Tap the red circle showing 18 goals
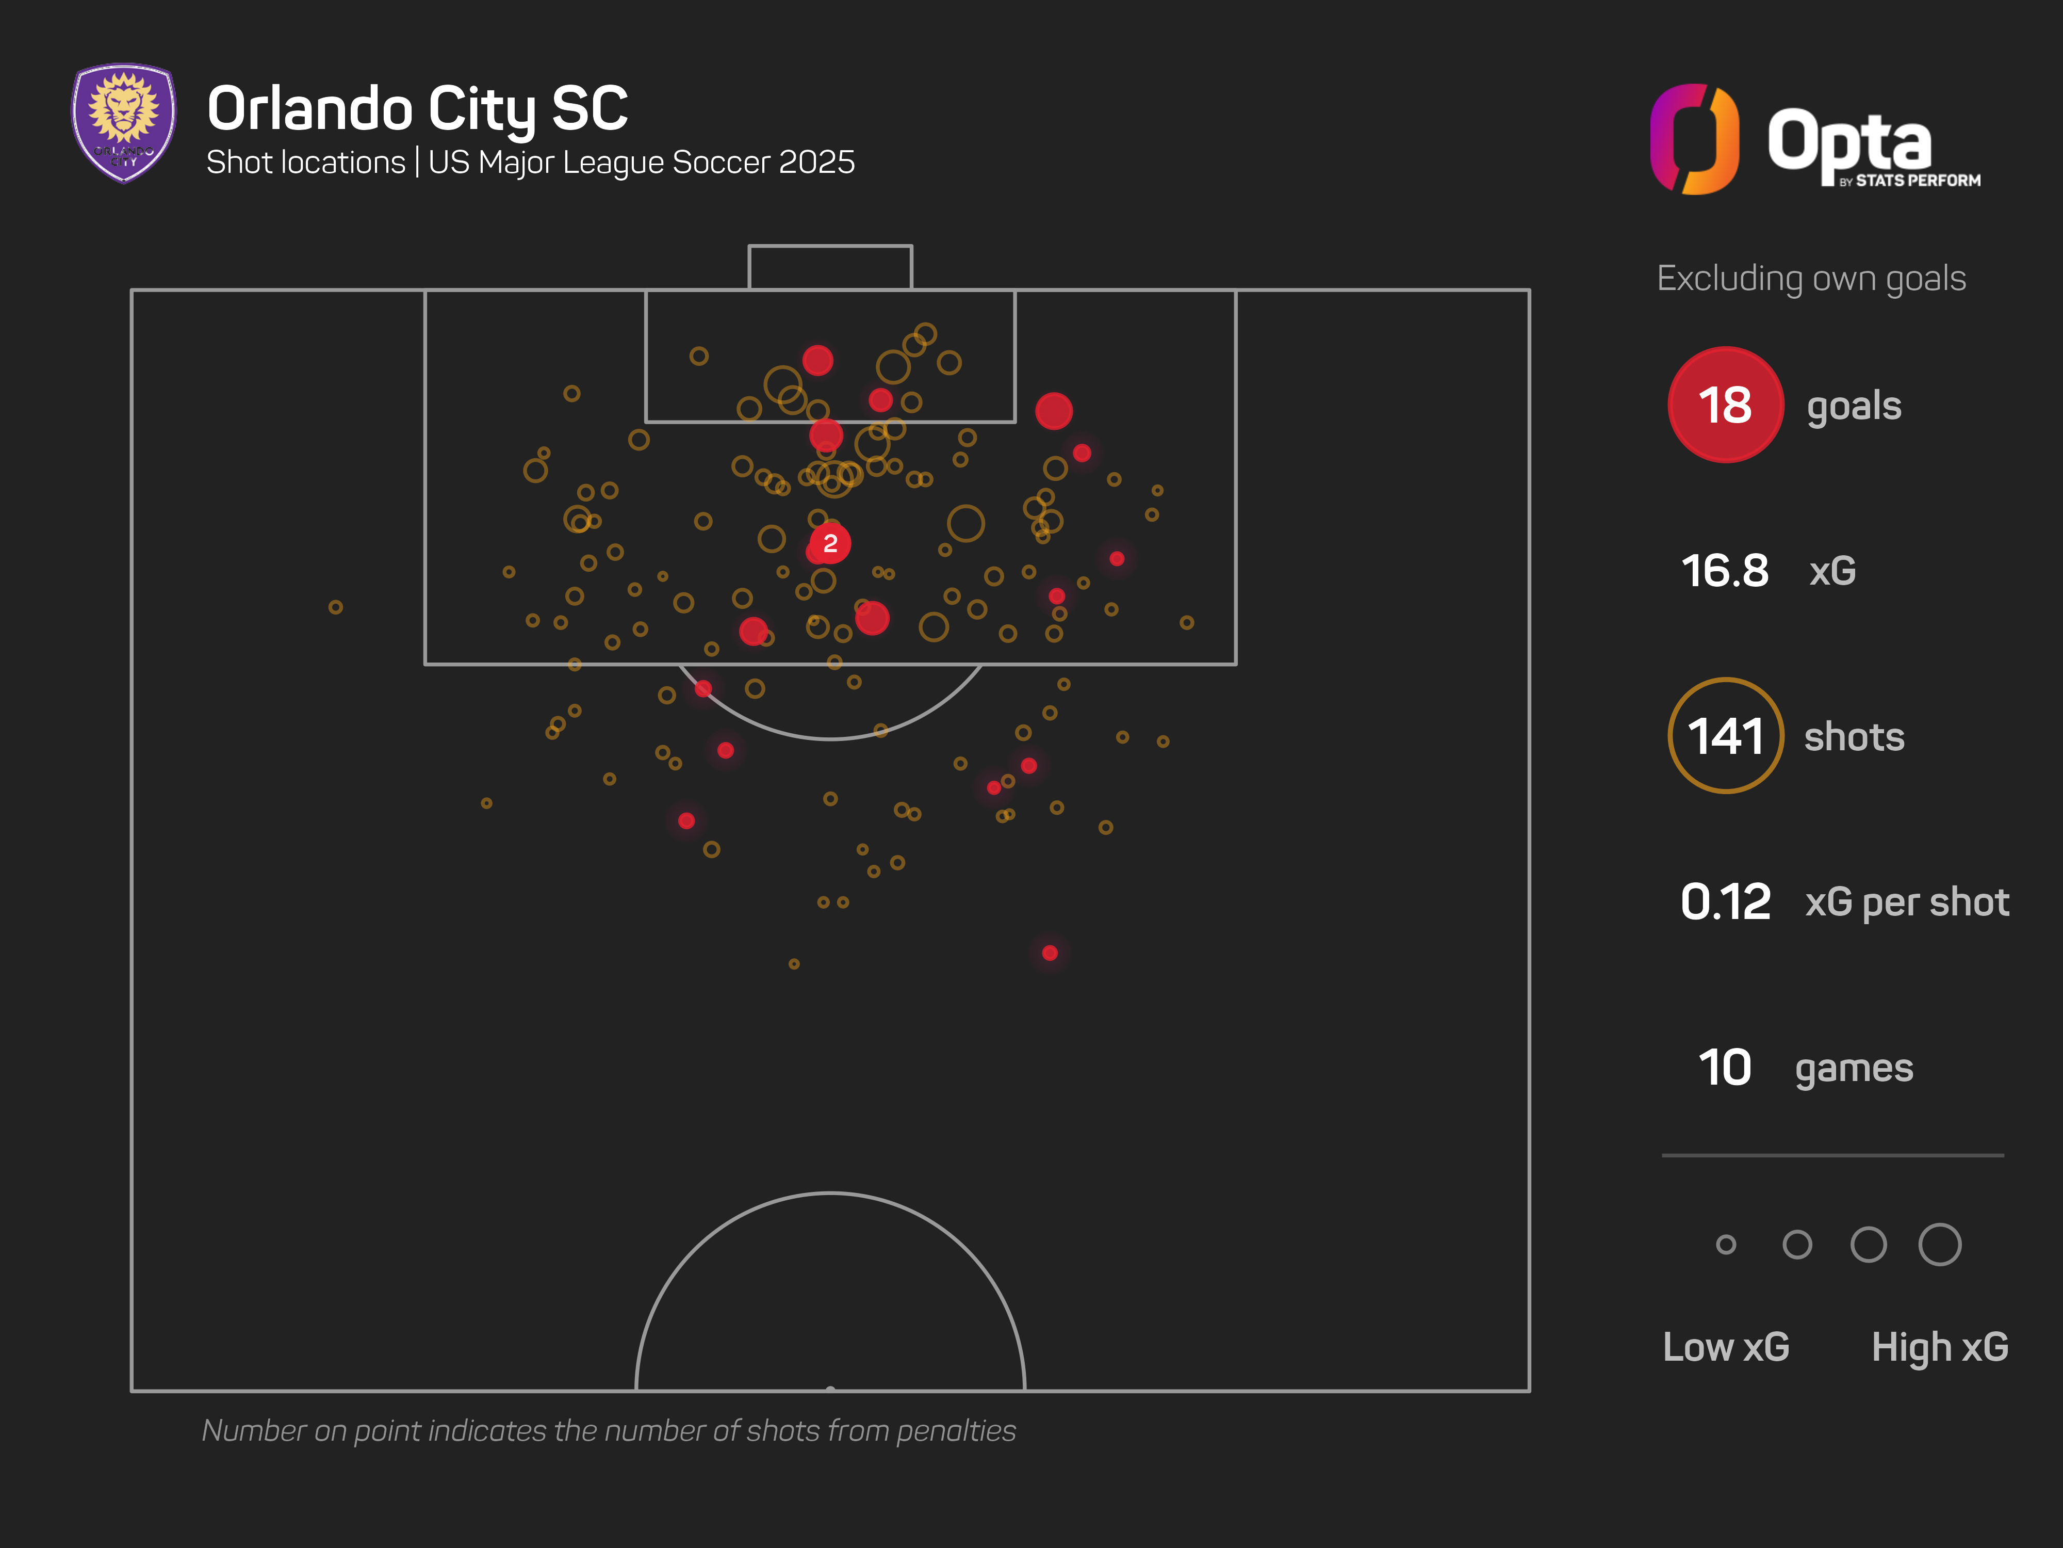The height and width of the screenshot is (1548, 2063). click(x=1725, y=405)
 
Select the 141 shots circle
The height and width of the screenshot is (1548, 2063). click(x=1725, y=735)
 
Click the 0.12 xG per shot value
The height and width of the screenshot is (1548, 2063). click(x=1725, y=901)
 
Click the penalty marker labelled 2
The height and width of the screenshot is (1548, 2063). click(x=829, y=543)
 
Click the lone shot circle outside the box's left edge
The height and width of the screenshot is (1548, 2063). click(x=336, y=607)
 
